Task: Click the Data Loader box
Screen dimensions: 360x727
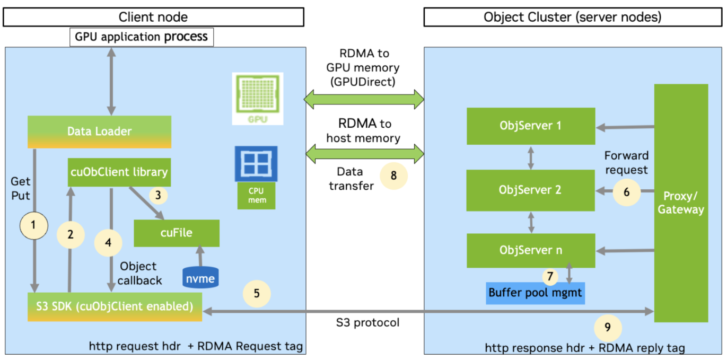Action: tap(99, 131)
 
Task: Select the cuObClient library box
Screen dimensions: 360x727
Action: tap(119, 172)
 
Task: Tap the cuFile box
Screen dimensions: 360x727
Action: tap(177, 233)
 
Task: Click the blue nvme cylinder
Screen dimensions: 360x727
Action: tap(200, 277)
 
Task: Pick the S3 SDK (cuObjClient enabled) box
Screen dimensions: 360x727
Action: tap(115, 307)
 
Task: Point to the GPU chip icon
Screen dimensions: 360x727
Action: tap(258, 99)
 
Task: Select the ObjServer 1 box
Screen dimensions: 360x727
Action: tap(531, 126)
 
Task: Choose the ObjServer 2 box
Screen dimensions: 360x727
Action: tap(531, 190)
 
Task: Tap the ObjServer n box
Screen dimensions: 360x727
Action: tap(531, 250)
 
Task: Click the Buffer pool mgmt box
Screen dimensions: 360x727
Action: tap(536, 293)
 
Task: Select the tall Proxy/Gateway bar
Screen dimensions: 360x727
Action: tap(681, 203)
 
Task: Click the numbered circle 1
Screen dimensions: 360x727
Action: tap(33, 225)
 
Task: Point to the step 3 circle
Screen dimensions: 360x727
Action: tap(158, 195)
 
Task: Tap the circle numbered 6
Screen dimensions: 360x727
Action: tap(626, 192)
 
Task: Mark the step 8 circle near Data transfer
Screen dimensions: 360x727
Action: tap(393, 176)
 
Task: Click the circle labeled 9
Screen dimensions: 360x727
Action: tap(608, 327)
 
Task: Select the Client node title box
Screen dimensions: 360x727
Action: tap(153, 17)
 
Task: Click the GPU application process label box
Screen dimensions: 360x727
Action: tap(141, 37)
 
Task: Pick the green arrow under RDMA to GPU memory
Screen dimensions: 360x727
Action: tap(364, 98)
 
